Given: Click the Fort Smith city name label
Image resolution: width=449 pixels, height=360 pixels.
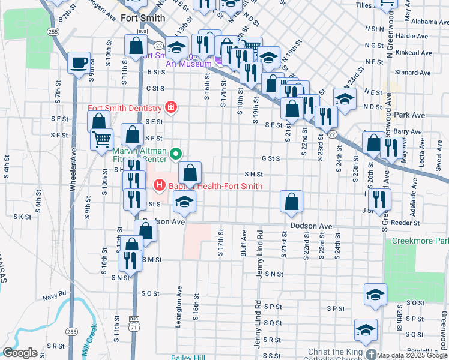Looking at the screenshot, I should coord(142,19).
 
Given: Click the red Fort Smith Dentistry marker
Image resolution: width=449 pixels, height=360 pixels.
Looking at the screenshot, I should coord(171,108).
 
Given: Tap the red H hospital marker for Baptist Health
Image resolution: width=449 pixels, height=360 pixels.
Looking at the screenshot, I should coord(160,186).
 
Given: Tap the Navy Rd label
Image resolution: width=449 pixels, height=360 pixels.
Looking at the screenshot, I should coord(53,296).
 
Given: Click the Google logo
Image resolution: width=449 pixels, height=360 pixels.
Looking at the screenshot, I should coord(20,353).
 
